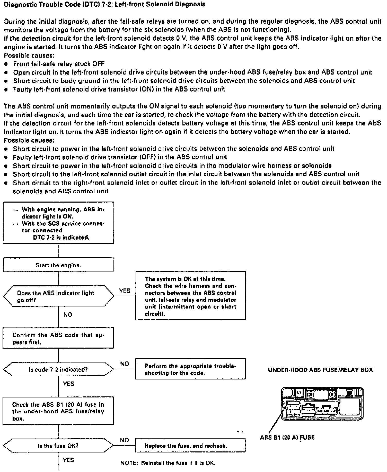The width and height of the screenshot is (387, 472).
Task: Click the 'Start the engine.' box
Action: pyautogui.click(x=58, y=265)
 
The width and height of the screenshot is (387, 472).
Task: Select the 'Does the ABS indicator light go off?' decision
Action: pyautogui.click(x=58, y=296)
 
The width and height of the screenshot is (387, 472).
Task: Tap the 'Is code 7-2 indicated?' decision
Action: pyautogui.click(x=58, y=370)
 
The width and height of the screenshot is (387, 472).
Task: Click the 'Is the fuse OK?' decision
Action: pyautogui.click(x=58, y=446)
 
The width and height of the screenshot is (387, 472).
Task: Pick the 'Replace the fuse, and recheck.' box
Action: pyautogui.click(x=190, y=446)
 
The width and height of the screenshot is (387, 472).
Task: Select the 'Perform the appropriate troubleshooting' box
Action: pyautogui.click(x=190, y=369)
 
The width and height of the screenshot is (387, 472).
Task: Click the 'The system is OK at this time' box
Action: pyautogui.click(x=190, y=296)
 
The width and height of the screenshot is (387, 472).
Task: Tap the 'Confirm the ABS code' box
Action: pyautogui.click(x=58, y=338)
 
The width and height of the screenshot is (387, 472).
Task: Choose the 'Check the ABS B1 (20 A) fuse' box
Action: pyautogui.click(x=58, y=411)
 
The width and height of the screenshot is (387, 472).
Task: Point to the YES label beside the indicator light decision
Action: pyautogui.click(x=125, y=291)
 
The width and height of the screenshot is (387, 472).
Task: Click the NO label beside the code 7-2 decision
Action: pyautogui.click(x=125, y=364)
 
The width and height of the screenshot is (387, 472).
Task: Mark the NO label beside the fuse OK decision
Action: pyautogui.click(x=125, y=440)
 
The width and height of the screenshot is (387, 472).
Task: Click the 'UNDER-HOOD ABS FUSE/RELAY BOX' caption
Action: pyautogui.click(x=320, y=370)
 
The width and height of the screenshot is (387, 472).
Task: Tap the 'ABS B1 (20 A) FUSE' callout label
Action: pyautogui.click(x=287, y=437)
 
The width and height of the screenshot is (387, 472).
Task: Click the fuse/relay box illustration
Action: pyautogui.click(x=322, y=404)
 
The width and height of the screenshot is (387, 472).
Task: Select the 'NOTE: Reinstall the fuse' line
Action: pyautogui.click(x=168, y=463)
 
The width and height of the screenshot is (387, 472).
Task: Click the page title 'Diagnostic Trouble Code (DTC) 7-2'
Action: pyautogui.click(x=104, y=4)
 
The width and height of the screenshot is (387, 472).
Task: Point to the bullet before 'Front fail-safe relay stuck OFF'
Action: pyautogui.click(x=6, y=64)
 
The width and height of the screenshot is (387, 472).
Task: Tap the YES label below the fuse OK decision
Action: pyautogui.click(x=68, y=460)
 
